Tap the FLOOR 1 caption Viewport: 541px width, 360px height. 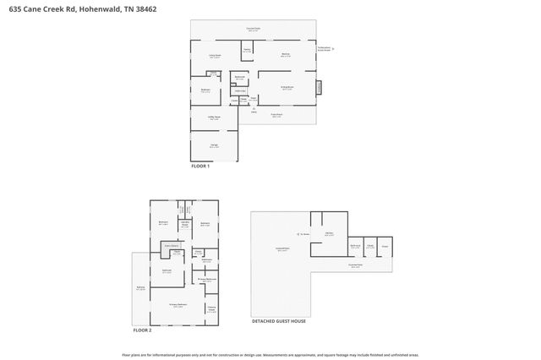pos(201,166)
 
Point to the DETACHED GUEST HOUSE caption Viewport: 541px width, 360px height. pos(279,321)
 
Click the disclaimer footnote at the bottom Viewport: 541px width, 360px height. pos(270,355)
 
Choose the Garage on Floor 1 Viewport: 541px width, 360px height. pos(214,146)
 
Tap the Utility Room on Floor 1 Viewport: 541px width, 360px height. pos(214,118)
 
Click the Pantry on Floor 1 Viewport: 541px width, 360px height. pos(248,51)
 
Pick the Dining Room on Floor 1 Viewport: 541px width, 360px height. pos(287,87)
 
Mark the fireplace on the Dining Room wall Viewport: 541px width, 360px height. pos(319,87)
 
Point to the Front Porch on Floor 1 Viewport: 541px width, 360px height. pos(276,116)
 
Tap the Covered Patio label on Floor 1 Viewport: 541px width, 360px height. pos(253,30)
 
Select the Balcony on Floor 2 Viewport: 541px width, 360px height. pos(140,289)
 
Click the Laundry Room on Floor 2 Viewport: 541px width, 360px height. pos(184,225)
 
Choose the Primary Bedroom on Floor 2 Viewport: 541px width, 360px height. pos(178,305)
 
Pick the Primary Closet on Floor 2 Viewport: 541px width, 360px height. pos(211,308)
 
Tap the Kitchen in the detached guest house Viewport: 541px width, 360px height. pos(329,234)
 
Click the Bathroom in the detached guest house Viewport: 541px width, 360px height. pos(356,247)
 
